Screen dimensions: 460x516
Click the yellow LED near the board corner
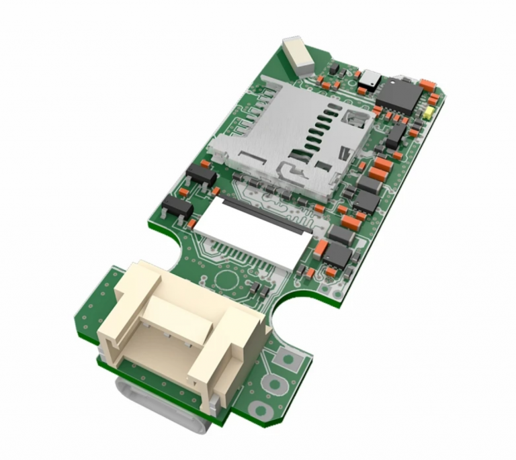click(x=428, y=112)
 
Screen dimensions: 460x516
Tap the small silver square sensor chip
click(x=368, y=79)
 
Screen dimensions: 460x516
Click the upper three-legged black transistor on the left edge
click(x=201, y=175)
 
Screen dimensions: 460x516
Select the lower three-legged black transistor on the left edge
click(x=177, y=208)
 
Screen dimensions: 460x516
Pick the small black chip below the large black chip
click(x=395, y=134)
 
